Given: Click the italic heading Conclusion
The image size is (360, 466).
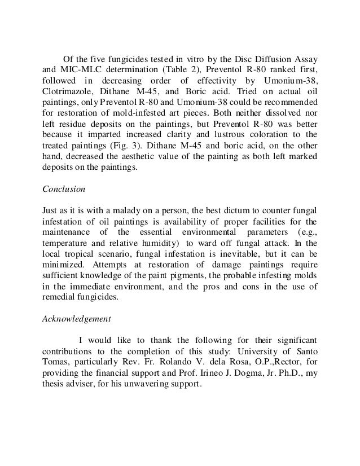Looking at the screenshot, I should coord(63,190).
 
